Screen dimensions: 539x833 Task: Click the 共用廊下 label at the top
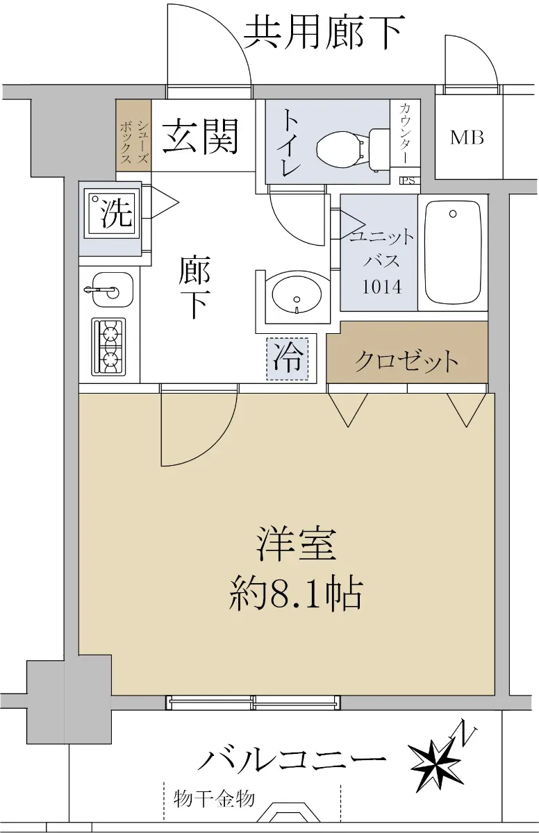coord(323,33)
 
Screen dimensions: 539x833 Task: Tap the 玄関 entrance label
coord(201,137)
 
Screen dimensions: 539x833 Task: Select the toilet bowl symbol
coord(350,150)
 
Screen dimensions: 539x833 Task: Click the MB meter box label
coord(467,137)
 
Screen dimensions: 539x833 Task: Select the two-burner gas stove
coord(108,346)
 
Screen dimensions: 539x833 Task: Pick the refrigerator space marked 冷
coord(287,358)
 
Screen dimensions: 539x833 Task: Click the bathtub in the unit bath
coord(453,253)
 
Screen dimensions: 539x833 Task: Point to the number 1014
coord(382,287)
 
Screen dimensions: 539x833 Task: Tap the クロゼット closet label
coord(406,361)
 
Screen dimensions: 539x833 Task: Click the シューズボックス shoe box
coord(133,135)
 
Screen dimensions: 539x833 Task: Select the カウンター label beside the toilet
coord(405,134)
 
